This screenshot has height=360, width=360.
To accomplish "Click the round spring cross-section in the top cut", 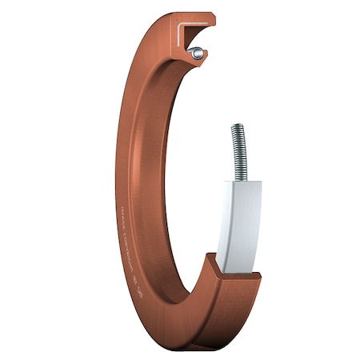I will click(x=196, y=54).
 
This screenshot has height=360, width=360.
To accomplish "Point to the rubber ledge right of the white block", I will click(x=251, y=276).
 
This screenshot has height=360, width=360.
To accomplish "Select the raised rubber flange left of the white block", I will click(x=213, y=265).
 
